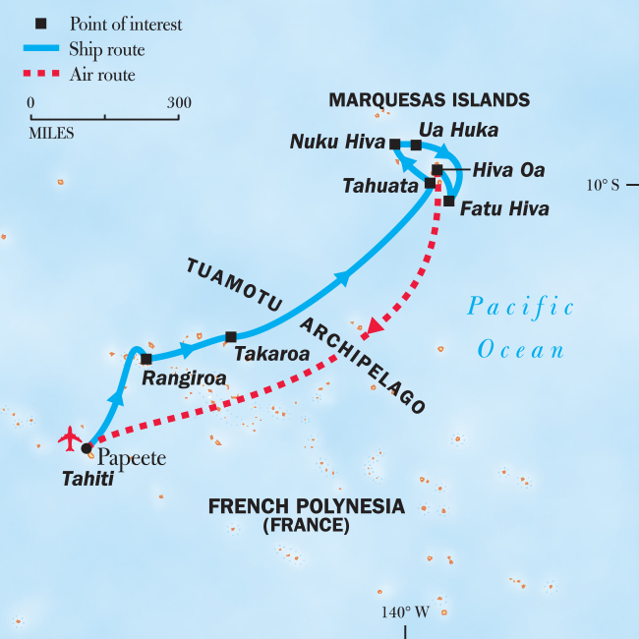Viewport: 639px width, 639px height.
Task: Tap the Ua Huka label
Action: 458,130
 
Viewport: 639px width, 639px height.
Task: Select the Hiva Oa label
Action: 508,170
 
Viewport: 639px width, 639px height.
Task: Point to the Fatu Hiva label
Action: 504,209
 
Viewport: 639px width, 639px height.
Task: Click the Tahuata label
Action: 381,185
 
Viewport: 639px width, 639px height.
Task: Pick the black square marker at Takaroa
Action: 230,337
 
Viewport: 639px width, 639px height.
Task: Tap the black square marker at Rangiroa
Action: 146,359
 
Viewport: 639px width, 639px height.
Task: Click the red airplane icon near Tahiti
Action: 70,436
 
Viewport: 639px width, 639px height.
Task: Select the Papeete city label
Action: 132,458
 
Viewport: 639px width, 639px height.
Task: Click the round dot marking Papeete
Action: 87,448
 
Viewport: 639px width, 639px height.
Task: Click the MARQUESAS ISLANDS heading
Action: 430,99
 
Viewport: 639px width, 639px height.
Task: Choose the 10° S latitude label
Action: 603,184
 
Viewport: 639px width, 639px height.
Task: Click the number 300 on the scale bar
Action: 179,102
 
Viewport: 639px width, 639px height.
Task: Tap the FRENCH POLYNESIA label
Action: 306,507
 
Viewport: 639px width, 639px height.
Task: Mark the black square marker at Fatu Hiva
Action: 448,202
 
